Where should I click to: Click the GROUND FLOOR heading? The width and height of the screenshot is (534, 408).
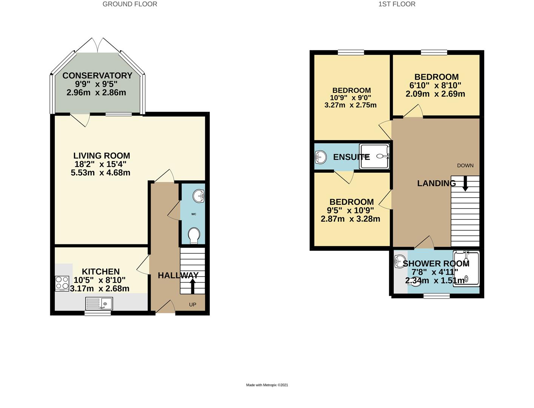(130, 4)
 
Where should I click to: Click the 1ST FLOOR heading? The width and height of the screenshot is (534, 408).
(397, 4)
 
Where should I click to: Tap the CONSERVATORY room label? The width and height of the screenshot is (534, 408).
(97, 76)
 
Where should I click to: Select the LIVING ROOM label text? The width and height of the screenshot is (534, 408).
(102, 156)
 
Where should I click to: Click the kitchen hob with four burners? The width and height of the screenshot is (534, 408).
(62, 283)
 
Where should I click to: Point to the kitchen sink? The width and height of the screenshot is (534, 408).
(99, 303)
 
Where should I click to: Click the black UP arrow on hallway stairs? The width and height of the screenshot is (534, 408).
(192, 286)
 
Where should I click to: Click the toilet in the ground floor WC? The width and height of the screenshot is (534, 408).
(194, 235)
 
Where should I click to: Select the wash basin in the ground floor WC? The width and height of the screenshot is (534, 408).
(199, 196)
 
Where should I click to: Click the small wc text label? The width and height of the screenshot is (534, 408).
(194, 214)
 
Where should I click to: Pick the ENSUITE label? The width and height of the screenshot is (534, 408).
(351, 157)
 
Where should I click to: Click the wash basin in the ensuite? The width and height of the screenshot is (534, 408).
(321, 157)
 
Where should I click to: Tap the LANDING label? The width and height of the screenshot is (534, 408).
(436, 184)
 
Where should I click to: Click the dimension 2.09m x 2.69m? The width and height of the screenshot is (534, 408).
(435, 94)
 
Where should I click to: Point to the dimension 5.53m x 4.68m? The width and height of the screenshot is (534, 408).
(100, 173)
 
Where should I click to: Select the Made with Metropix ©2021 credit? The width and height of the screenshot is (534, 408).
(267, 385)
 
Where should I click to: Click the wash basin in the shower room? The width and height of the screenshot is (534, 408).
(399, 261)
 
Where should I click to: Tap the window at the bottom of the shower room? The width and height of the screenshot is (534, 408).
(436, 296)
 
